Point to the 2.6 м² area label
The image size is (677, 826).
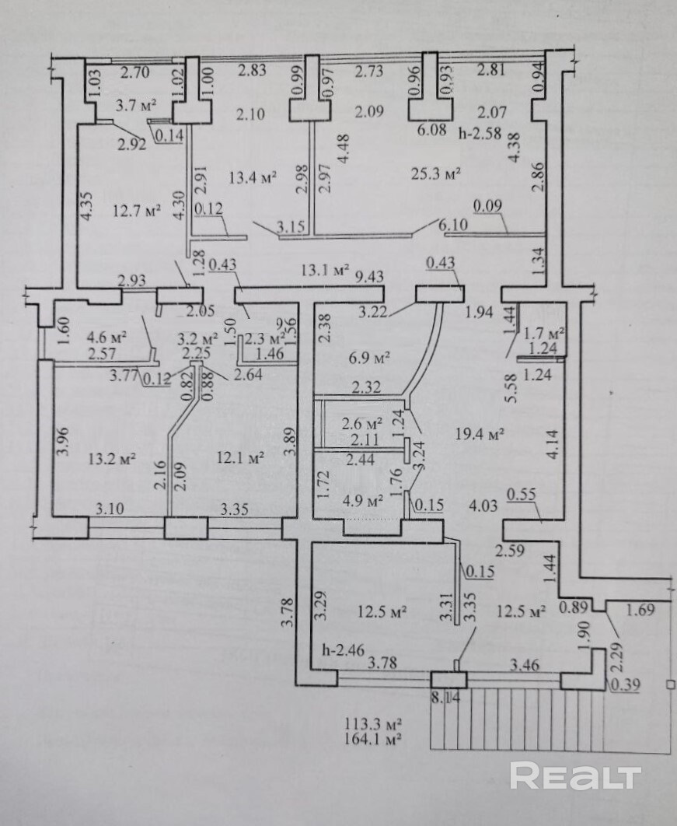362,424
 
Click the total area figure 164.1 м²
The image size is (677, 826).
373,739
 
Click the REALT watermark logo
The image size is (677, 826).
575,775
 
